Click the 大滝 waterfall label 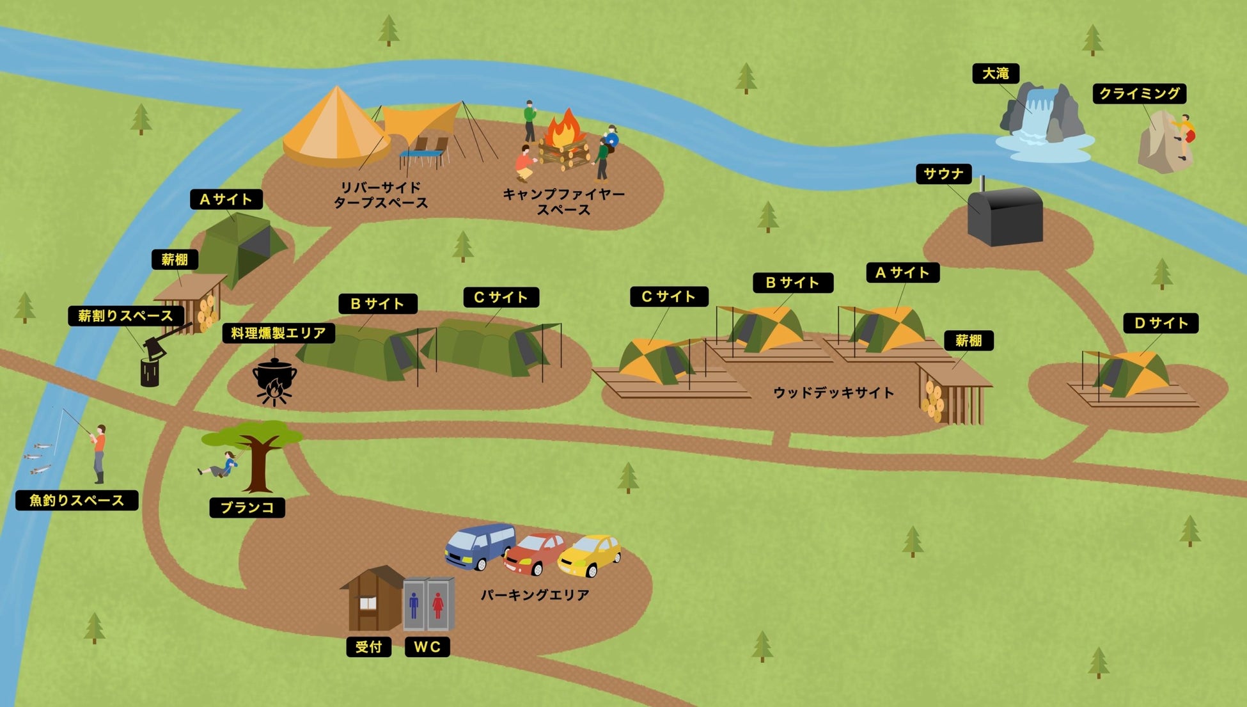995,74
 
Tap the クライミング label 1139,94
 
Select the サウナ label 943,174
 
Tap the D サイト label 1160,323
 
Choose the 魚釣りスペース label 77,500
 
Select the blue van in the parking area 480,545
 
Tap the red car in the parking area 535,553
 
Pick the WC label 427,647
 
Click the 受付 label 368,647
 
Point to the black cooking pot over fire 274,377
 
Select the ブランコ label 247,507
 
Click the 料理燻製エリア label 278,333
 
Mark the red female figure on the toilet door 438,605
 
